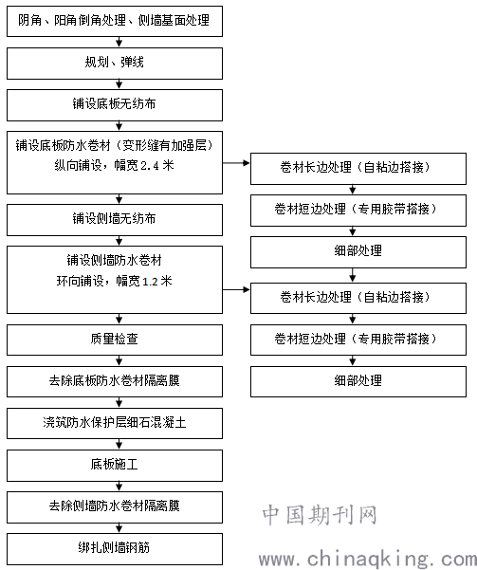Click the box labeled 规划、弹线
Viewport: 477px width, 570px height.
[115, 64]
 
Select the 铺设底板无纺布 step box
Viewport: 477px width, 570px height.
[115, 105]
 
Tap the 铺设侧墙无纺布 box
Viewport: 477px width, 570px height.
[115, 220]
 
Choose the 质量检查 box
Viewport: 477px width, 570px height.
[115, 340]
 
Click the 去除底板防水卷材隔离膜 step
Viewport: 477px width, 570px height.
[115, 381]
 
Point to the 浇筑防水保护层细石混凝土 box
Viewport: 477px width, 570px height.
[115, 423]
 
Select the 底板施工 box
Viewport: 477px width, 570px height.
[115, 466]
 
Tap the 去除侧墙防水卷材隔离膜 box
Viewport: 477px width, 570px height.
[115, 507]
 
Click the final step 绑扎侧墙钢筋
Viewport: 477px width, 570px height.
[115, 549]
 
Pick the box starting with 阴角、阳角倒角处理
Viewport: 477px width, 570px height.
[115, 21]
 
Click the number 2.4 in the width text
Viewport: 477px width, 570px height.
[150, 166]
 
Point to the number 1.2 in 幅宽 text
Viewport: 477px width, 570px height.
[150, 282]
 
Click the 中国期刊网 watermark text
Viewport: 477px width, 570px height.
[320, 515]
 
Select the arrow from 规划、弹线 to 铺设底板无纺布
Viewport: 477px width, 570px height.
[119, 84]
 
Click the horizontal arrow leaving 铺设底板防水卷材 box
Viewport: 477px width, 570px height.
[236, 163]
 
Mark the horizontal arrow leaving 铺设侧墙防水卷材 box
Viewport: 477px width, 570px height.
[236, 289]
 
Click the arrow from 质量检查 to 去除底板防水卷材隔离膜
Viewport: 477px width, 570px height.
[119, 361]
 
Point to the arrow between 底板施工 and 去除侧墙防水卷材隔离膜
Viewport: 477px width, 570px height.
[119, 487]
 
